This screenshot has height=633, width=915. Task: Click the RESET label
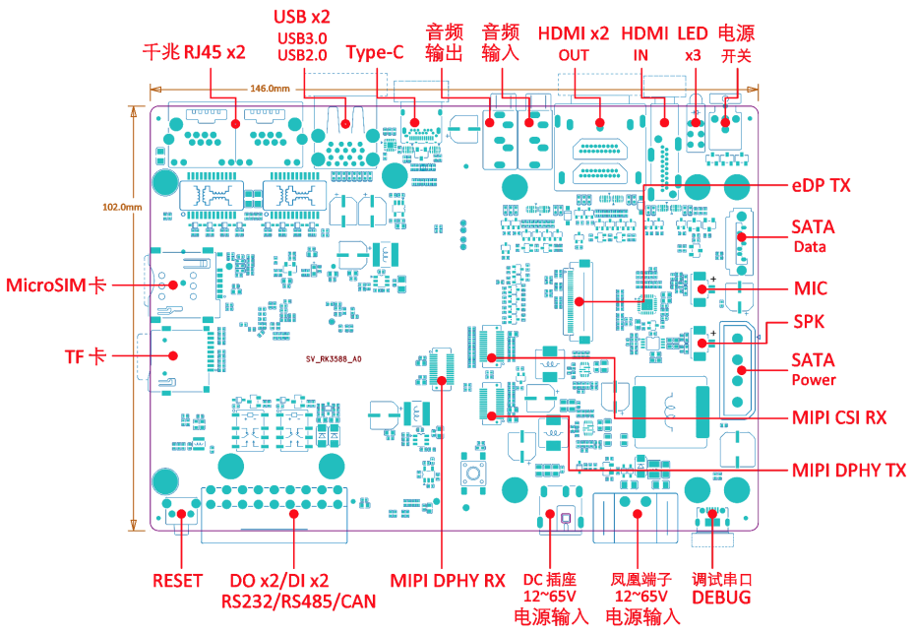177,581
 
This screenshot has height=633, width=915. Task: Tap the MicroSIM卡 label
56,285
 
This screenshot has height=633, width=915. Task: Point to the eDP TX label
821,184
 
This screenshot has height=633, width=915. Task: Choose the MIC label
811,289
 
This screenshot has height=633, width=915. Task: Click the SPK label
809,322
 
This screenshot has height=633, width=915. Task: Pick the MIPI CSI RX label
839,417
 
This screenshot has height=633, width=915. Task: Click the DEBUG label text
721,598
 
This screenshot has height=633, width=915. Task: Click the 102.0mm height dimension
123,208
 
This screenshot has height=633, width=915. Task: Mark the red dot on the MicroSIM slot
173,285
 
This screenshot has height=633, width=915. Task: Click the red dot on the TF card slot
173,354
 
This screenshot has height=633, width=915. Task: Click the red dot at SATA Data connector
741,237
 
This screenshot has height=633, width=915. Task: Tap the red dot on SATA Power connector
741,370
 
